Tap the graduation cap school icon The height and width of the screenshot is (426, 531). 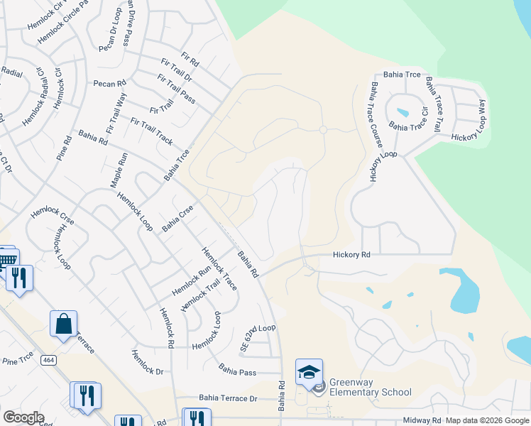(309, 371)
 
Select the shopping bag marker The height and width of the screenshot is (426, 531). (63, 324)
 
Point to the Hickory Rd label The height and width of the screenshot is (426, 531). (352, 254)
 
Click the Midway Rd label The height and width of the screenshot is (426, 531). (422, 420)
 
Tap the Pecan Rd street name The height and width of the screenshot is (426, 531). (109, 84)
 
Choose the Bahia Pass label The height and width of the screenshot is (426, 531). (237, 369)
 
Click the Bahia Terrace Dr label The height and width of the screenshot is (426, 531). (217, 399)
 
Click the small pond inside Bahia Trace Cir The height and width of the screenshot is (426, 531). (403, 112)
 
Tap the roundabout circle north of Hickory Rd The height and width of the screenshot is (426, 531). (323, 130)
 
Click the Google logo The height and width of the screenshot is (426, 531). (23, 417)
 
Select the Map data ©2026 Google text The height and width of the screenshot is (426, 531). (487, 420)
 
